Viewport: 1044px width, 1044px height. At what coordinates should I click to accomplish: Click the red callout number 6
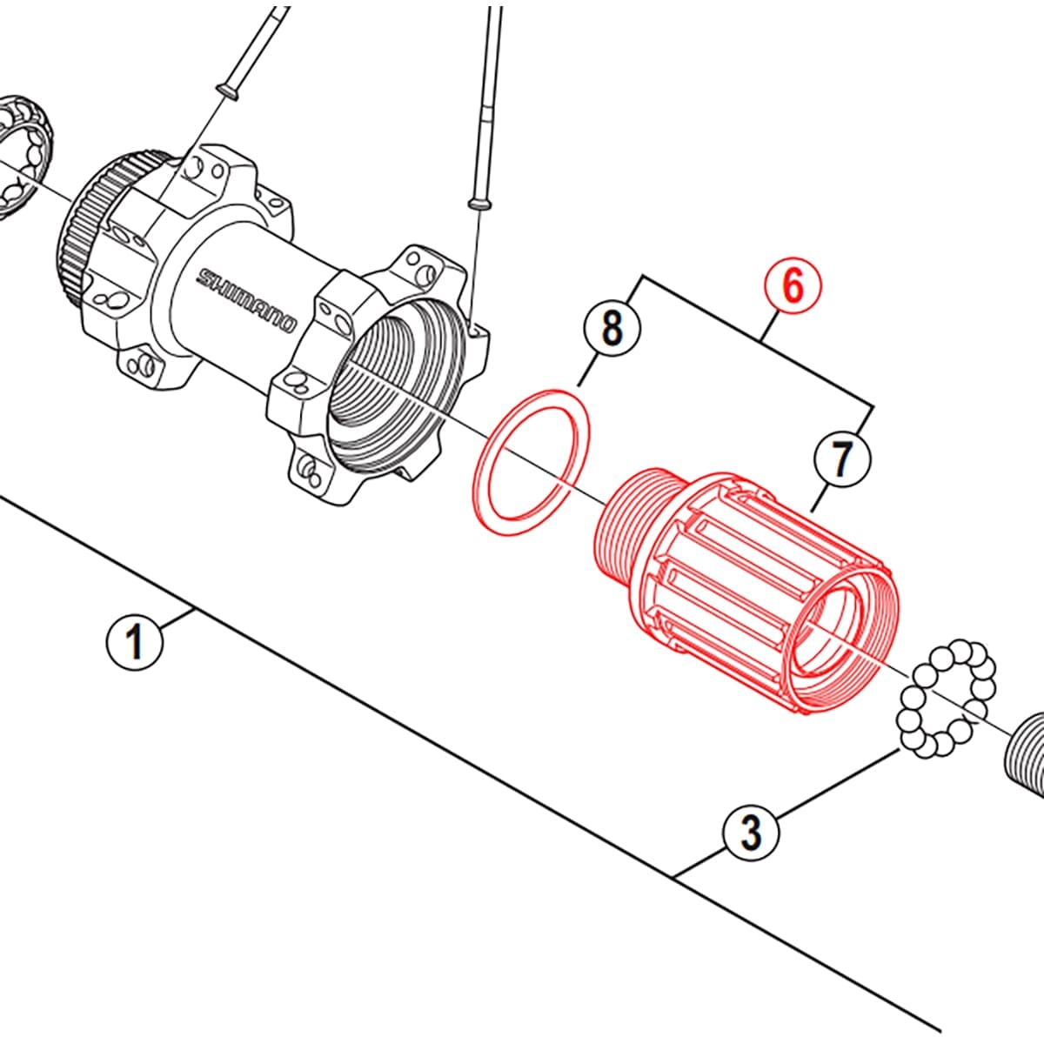(x=793, y=288)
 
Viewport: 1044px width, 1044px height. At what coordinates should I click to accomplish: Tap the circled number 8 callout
(x=612, y=329)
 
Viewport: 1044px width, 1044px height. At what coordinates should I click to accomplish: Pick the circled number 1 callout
(x=135, y=642)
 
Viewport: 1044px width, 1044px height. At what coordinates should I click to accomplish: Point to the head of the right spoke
(x=477, y=202)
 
